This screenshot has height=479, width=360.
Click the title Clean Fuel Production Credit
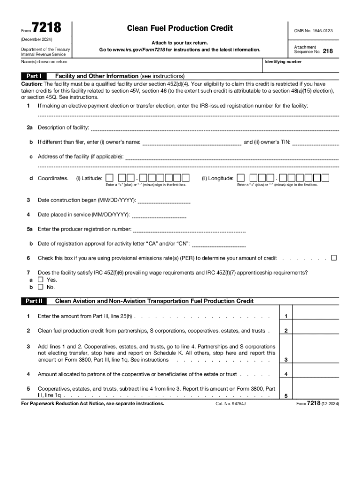(x=180, y=29)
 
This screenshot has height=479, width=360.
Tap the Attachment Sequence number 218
(x=328, y=51)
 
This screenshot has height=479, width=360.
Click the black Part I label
(x=34, y=76)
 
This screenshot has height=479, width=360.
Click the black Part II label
(x=34, y=301)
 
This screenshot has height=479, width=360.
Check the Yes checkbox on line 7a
(x=40, y=280)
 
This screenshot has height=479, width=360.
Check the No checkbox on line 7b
(x=40, y=287)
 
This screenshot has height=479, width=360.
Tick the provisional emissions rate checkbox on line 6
(x=334, y=258)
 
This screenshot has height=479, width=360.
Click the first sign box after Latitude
(x=109, y=178)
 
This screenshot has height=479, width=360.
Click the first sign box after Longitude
(x=240, y=178)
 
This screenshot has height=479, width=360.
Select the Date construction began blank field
(x=164, y=202)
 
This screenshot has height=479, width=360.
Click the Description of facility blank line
(x=215, y=129)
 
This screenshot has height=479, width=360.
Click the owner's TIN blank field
(x=315, y=143)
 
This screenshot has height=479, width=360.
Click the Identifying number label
(x=283, y=62)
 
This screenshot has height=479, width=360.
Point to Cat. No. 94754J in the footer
(x=230, y=403)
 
